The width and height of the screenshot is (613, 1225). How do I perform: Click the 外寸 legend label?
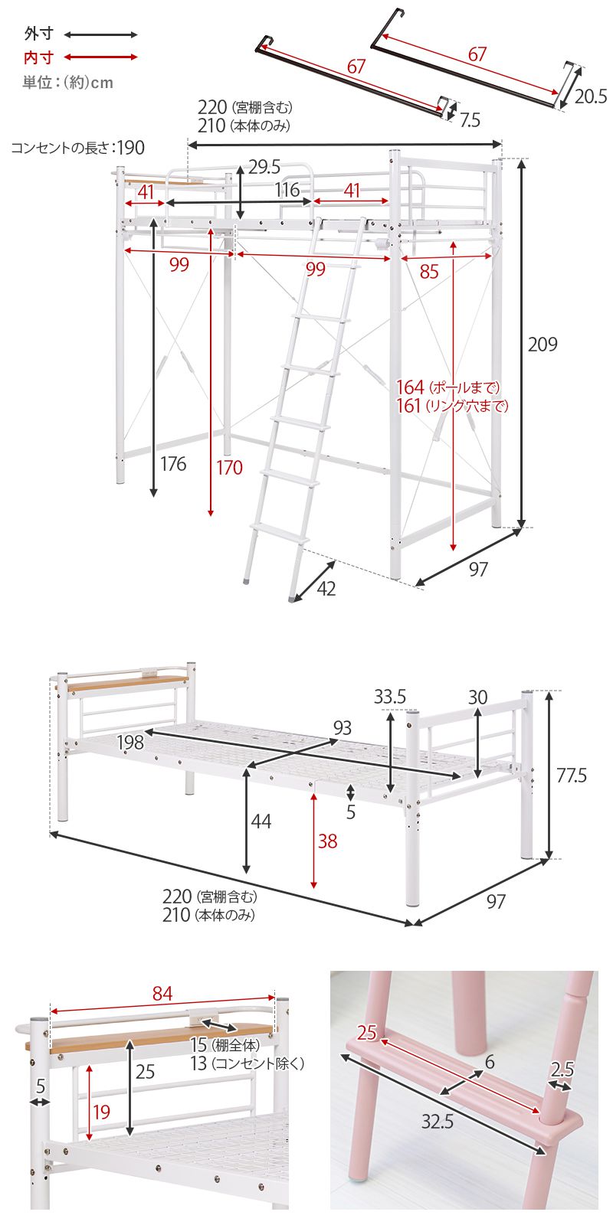pyautogui.click(x=39, y=34)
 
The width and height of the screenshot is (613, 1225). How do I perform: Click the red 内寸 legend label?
pyautogui.click(x=39, y=57)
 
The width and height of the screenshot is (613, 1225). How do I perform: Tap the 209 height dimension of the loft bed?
pyautogui.click(x=543, y=344)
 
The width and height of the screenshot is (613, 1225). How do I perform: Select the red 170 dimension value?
pyautogui.click(x=229, y=468)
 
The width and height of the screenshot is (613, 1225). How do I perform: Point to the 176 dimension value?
pyautogui.click(x=173, y=464)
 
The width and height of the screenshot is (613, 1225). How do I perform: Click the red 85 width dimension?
pyautogui.click(x=429, y=271)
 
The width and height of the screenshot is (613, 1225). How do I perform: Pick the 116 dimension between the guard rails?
pyautogui.click(x=287, y=190)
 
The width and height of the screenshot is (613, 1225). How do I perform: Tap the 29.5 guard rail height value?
pyautogui.click(x=264, y=167)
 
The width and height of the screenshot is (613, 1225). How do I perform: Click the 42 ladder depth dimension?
pyautogui.click(x=326, y=589)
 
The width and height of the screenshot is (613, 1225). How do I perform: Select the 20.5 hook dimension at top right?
pyautogui.click(x=591, y=96)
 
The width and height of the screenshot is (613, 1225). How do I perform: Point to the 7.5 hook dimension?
pyautogui.click(x=470, y=119)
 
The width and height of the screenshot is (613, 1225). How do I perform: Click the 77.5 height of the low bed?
pyautogui.click(x=572, y=775)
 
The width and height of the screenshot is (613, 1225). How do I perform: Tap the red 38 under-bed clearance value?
pyautogui.click(x=328, y=841)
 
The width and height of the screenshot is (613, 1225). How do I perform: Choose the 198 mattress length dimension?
pyautogui.click(x=130, y=742)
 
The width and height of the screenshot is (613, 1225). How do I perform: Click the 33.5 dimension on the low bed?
pyautogui.click(x=390, y=697)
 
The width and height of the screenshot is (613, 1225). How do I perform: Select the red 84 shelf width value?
pyautogui.click(x=162, y=993)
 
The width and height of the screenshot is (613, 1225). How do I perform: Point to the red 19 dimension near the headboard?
pyautogui.click(x=101, y=1112)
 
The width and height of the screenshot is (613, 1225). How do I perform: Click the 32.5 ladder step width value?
pyautogui.click(x=438, y=1122)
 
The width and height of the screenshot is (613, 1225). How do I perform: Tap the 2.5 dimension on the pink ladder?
pyautogui.click(x=562, y=1069)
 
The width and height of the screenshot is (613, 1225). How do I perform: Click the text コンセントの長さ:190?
pyautogui.click(x=77, y=148)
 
